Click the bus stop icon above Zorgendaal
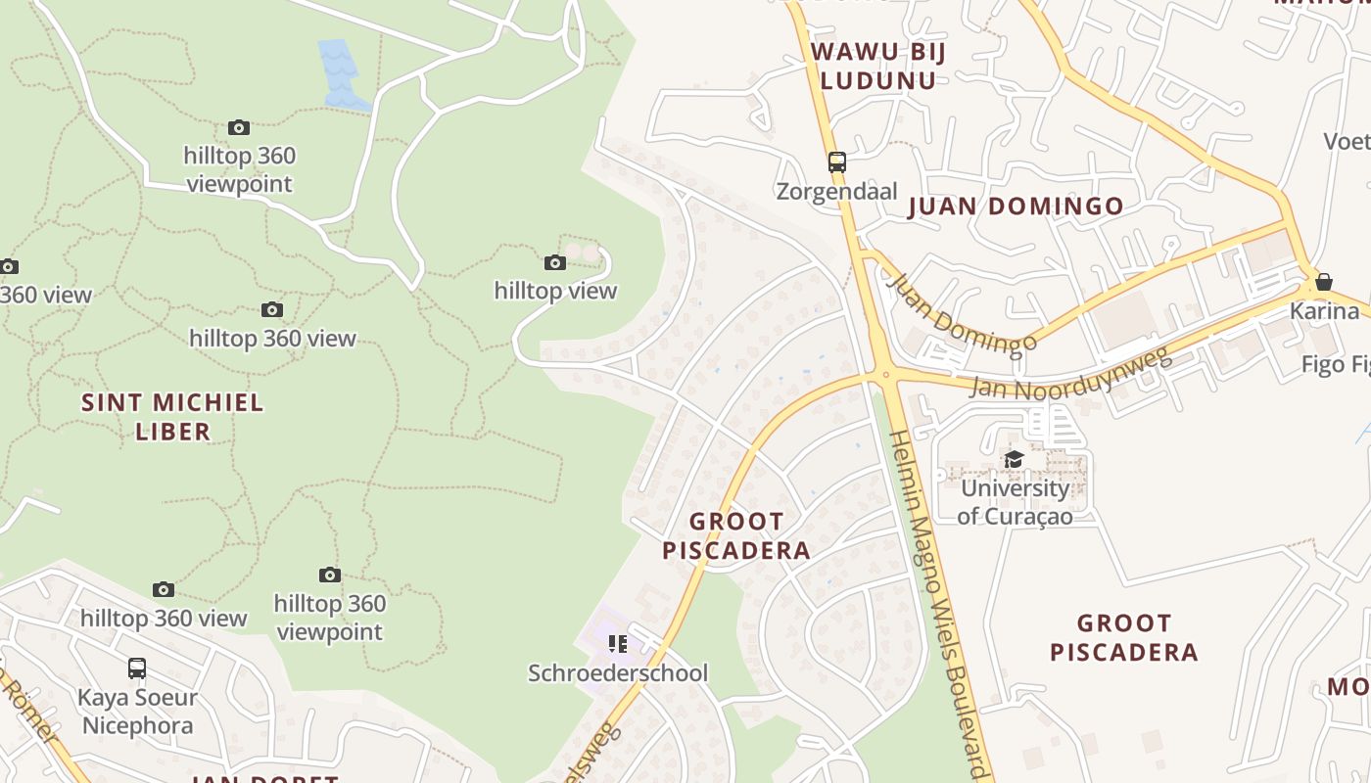point(836,162)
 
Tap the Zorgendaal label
point(836,191)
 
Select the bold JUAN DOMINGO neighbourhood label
point(1016,207)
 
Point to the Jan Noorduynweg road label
point(1070,373)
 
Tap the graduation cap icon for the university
point(1014,459)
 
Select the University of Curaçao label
point(1014,501)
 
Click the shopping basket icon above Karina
point(1324,282)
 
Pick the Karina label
point(1324,311)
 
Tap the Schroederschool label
point(618,673)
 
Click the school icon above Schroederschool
point(618,643)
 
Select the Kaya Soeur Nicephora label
point(138,712)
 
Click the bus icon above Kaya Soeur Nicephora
point(137,668)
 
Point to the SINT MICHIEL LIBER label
point(172,416)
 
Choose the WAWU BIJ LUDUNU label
point(878,66)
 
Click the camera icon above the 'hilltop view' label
point(555,262)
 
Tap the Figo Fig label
point(1336,365)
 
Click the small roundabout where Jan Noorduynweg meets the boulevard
point(884,374)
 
